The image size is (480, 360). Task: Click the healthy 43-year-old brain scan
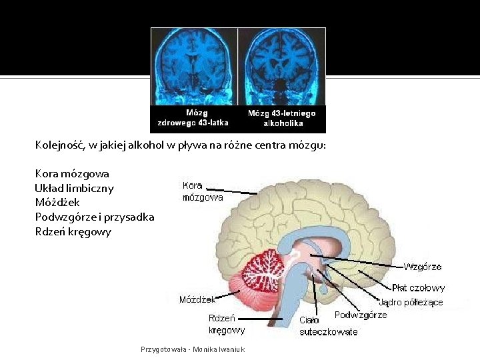pos(194,66)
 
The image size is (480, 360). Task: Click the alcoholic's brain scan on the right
pos(282,66)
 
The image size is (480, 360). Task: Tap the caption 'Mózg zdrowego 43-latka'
pos(193,118)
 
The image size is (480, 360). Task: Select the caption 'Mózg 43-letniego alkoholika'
pos(282,118)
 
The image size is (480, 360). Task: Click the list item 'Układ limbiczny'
pos(74,188)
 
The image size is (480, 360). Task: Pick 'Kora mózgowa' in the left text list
pos(72,173)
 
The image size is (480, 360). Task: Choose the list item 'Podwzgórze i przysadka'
pos(95,217)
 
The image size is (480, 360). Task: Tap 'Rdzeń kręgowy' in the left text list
pos(73,232)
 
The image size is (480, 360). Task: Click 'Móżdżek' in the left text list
pos(57,203)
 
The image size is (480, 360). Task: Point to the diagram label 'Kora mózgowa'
pos(203,191)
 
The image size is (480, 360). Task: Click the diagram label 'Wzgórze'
pos(422,267)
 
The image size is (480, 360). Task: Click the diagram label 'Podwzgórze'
pos(360,315)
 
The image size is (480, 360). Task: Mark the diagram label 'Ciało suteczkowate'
pos(328,326)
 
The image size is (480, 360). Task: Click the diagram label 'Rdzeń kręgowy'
pos(226,324)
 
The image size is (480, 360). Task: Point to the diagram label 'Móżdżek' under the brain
pos(197,299)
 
